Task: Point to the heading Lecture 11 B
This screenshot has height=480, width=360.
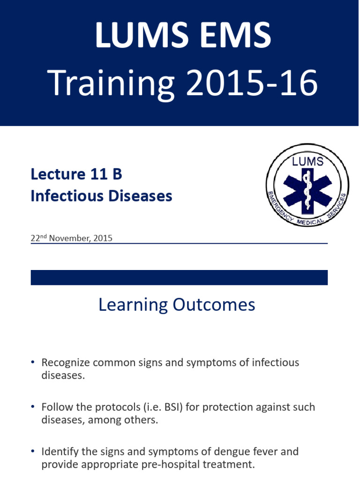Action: click(76, 174)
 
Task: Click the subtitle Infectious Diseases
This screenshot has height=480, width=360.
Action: click(101, 196)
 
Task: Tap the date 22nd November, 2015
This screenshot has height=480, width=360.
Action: click(71, 238)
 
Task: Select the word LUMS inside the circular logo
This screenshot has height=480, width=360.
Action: click(307, 162)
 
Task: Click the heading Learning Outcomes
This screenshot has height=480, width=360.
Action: click(177, 305)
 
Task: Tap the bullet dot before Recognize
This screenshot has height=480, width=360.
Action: click(32, 363)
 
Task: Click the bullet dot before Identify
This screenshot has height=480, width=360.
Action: click(32, 452)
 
